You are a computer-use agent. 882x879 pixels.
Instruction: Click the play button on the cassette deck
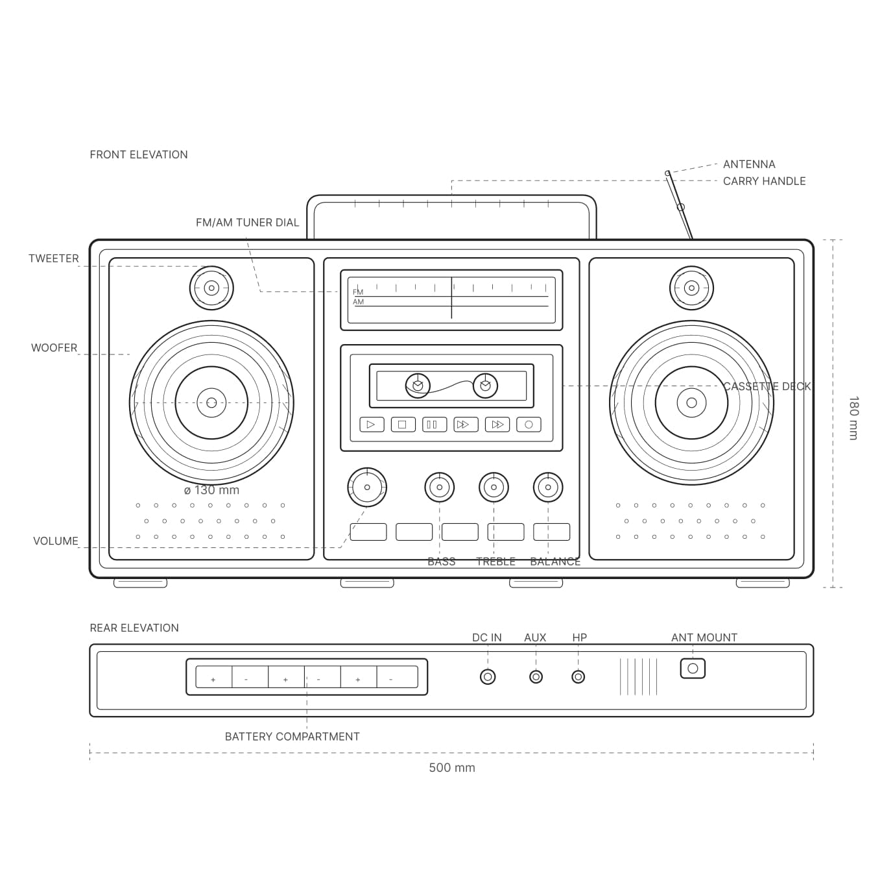click(372, 425)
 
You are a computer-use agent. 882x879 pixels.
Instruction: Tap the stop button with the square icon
click(403, 425)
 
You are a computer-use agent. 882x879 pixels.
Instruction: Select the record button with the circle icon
click(529, 425)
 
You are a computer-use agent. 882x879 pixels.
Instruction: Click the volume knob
click(367, 487)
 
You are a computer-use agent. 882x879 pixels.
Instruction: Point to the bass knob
click(440, 487)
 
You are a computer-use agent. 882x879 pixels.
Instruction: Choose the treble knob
click(494, 487)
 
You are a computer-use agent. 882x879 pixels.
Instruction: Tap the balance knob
click(548, 487)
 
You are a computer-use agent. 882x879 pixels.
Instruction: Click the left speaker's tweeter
click(211, 288)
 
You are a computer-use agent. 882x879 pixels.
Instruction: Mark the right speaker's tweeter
click(691, 288)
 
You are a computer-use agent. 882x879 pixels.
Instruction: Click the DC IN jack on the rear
click(488, 677)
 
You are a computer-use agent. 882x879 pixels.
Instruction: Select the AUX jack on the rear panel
click(536, 677)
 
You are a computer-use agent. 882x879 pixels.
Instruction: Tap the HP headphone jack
click(578, 677)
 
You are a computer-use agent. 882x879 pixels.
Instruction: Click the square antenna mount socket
click(693, 669)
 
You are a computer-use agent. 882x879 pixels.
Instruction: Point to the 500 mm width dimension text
click(452, 767)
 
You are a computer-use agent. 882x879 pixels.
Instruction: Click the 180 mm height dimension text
click(853, 418)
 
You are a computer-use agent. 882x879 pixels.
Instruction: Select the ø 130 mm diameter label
click(211, 490)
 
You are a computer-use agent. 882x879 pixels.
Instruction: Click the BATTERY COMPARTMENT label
click(292, 736)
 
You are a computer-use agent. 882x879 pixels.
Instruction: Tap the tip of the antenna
click(667, 173)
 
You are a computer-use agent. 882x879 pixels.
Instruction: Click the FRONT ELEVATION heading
click(139, 155)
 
